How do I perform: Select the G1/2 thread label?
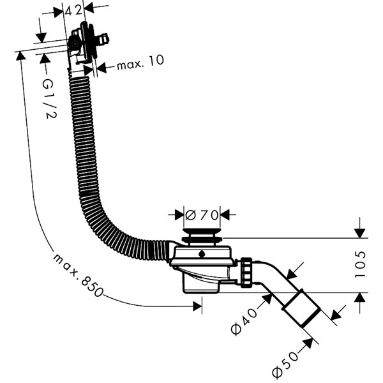point(47,98)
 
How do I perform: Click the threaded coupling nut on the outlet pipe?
point(247,273)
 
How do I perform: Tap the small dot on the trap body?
point(202,254)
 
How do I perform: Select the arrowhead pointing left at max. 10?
point(101,65)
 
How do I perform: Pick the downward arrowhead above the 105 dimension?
point(360,232)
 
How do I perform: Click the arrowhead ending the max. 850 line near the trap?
point(197,307)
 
